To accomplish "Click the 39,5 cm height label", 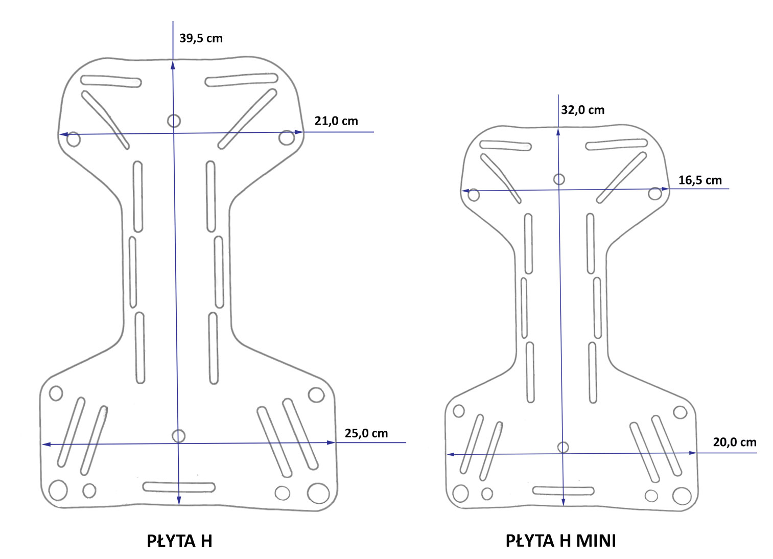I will click(201, 38).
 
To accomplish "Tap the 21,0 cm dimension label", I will click(336, 121).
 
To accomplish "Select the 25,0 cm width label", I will click(366, 433).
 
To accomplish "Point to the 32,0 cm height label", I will click(582, 110).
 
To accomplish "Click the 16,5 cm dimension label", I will click(699, 180).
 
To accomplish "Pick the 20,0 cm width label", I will click(734, 442).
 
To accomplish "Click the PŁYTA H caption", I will click(179, 541).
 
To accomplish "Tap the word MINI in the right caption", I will click(596, 541).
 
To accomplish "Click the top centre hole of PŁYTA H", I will click(174, 121).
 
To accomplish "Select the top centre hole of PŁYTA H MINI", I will click(559, 179).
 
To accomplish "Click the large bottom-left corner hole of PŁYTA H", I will click(58, 490).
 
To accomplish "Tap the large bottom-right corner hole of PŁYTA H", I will click(318, 493).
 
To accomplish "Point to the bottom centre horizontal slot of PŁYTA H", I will click(179, 487).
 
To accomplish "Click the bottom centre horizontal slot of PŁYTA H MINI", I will click(563, 491).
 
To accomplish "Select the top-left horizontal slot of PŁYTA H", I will click(111, 81).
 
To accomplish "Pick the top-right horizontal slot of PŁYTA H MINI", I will click(616, 145).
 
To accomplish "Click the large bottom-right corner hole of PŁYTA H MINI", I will click(682, 496).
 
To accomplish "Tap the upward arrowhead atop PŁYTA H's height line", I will click(173, 64).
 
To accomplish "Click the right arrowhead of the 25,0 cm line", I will click(332, 442).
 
